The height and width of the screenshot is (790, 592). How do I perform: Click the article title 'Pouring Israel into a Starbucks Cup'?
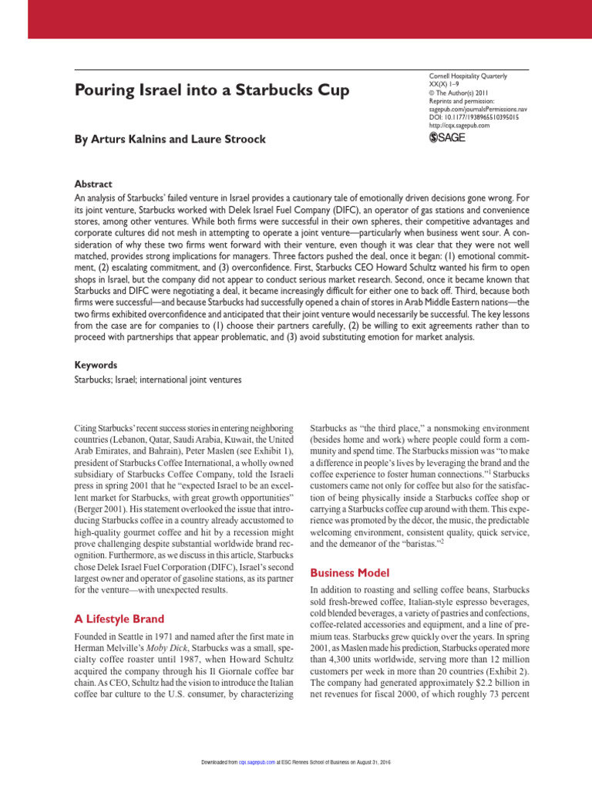(211, 91)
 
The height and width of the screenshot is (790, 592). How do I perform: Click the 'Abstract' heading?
(92, 185)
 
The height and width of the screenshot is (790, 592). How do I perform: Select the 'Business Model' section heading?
(351, 572)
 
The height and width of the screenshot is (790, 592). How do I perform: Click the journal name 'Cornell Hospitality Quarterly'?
(468, 76)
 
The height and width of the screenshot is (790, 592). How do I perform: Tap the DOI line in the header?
(473, 116)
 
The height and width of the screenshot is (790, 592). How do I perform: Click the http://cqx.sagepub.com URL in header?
(459, 125)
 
